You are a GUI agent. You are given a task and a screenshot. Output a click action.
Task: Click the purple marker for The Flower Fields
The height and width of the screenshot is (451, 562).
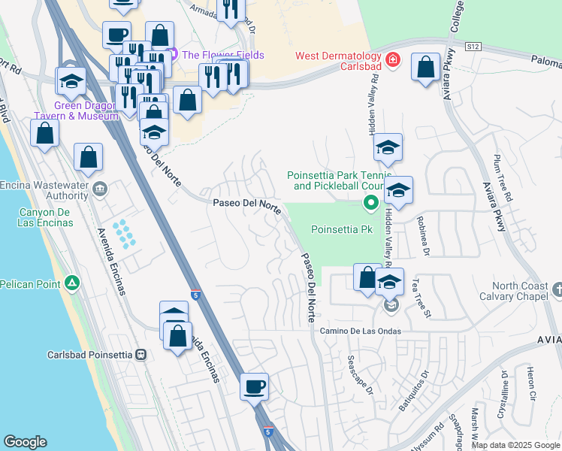(174, 54)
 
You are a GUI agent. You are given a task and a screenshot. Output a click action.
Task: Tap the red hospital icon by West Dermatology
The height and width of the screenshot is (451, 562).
(391, 59)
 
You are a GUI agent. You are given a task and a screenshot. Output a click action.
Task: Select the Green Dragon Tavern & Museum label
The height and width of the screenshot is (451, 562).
(75, 110)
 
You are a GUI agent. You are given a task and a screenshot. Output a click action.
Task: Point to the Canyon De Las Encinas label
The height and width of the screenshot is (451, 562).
(45, 217)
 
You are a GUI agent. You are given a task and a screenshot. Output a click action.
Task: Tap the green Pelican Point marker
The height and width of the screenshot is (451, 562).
(71, 283)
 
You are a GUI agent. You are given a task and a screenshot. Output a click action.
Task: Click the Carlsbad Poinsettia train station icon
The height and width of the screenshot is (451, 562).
(140, 354)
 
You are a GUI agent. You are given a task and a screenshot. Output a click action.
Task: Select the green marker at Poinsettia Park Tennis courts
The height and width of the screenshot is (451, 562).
(370, 202)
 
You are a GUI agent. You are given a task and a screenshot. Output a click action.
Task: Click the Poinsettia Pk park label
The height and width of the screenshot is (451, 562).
(342, 229)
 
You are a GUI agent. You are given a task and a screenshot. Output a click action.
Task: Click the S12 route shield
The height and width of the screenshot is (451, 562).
(472, 47)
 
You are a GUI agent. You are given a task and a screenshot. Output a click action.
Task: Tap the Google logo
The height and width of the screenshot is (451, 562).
(25, 442)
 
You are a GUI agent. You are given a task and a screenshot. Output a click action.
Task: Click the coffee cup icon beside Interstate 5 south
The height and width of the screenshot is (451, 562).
(254, 387)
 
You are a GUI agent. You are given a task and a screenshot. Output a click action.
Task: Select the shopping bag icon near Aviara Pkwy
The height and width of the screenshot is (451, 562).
(425, 67)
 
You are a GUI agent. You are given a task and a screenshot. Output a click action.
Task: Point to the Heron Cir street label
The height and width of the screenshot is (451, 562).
(530, 383)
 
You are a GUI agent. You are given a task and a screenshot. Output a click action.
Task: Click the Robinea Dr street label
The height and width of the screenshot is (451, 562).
(423, 237)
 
